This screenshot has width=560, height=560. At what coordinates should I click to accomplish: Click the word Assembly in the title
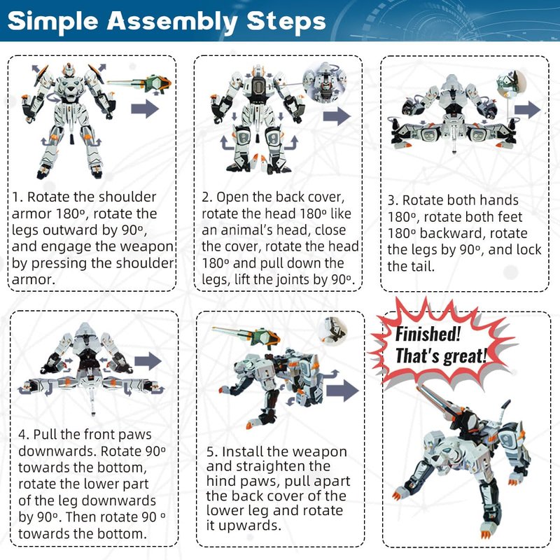point(172,22)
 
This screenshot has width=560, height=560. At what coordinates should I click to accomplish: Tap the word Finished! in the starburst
point(428,335)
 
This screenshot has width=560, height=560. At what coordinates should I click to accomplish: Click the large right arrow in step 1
point(145,108)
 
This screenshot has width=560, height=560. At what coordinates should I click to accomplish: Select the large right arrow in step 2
point(337,115)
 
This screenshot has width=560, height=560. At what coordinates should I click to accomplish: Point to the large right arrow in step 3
point(528,110)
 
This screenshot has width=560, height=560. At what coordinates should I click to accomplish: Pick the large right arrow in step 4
point(148,361)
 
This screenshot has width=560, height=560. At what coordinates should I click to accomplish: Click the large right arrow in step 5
point(343,390)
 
